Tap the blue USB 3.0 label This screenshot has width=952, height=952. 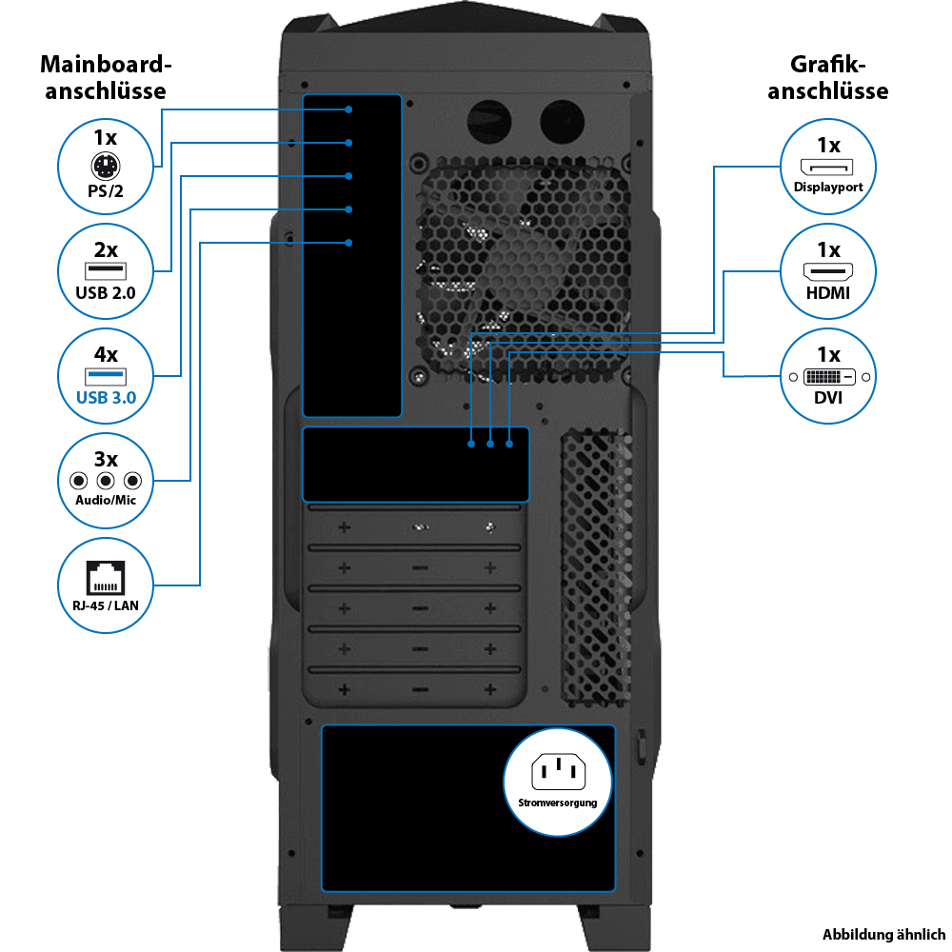[x=106, y=397]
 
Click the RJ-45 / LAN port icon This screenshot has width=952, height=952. [x=106, y=578]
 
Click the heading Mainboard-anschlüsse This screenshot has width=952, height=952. [x=106, y=78]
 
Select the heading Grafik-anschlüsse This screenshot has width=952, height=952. [x=828, y=78]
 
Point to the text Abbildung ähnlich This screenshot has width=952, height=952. [x=883, y=934]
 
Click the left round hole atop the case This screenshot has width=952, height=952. [x=489, y=121]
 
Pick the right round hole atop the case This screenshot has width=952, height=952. [x=562, y=121]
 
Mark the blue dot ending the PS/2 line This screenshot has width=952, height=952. [x=350, y=109]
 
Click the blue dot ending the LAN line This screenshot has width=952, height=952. [x=350, y=243]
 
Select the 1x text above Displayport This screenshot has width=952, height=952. [x=828, y=146]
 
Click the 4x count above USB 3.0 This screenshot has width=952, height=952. [x=106, y=355]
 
